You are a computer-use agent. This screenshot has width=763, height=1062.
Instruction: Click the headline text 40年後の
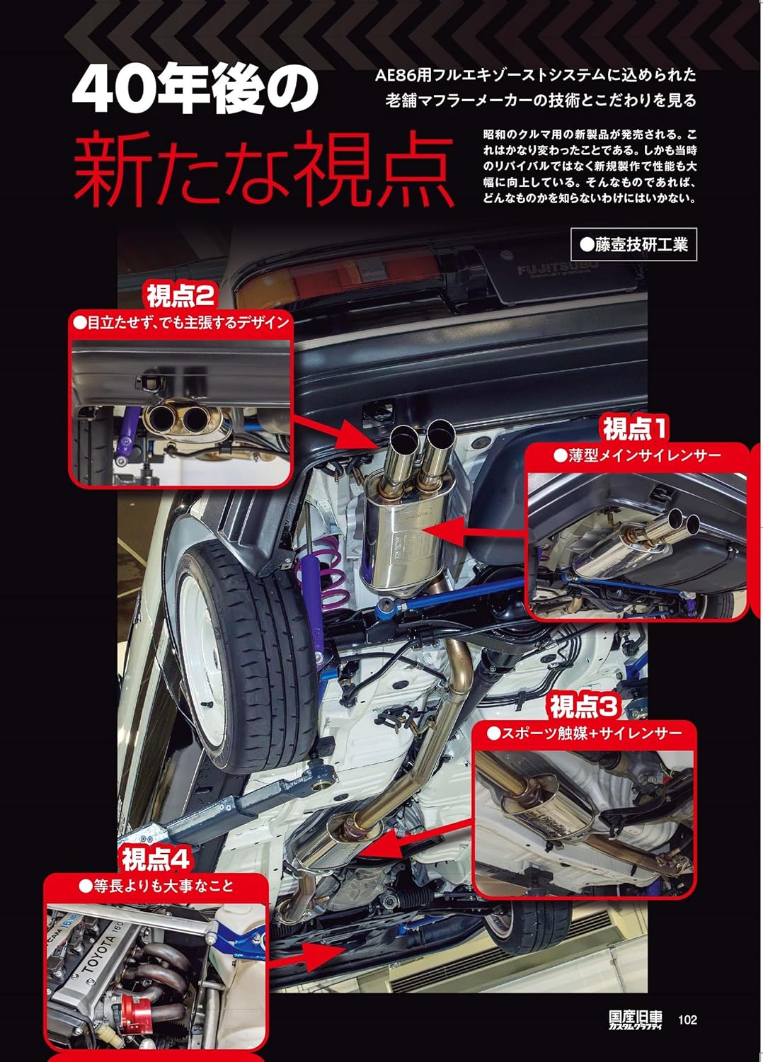pos(196,91)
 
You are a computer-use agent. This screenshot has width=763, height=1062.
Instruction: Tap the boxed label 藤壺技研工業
pos(633,245)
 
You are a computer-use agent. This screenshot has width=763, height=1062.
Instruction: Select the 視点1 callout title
pos(635,428)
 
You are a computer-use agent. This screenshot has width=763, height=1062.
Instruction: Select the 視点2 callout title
pos(180,295)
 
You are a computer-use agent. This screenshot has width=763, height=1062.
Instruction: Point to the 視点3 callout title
pos(584,707)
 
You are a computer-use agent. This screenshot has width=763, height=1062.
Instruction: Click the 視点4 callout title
pos(156,859)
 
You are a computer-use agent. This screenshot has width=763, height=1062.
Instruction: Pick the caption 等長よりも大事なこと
pos(156,885)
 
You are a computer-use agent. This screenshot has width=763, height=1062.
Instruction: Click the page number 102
pos(687,1020)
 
